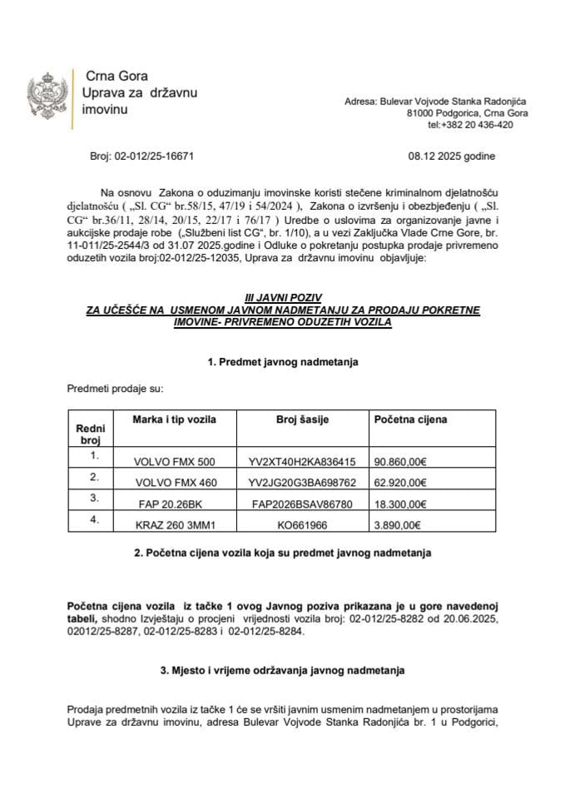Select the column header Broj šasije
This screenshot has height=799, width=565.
pyautogui.click(x=302, y=419)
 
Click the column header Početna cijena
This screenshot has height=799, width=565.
pyautogui.click(x=410, y=419)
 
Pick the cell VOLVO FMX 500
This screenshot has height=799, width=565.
pyautogui.click(x=174, y=462)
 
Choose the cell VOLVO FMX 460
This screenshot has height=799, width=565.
pyautogui.click(x=174, y=482)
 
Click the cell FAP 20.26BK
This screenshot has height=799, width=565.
pyautogui.click(x=174, y=504)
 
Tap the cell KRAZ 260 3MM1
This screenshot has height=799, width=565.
pyautogui.click(x=174, y=525)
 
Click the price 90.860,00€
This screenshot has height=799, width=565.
pyautogui.click(x=400, y=462)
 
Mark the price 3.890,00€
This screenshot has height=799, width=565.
pyautogui.click(x=398, y=525)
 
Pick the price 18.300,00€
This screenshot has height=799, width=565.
pyautogui.click(x=400, y=504)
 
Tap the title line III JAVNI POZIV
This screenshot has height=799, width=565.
pyautogui.click(x=282, y=297)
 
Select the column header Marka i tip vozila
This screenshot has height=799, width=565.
pyautogui.click(x=174, y=419)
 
